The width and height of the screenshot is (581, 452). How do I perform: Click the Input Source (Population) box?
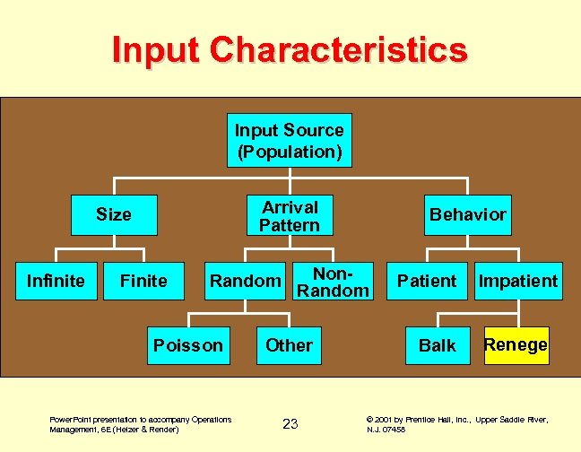coord(289,141)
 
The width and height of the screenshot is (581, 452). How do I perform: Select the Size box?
coord(114,214)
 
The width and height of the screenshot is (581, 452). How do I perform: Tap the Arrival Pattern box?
coord(289,216)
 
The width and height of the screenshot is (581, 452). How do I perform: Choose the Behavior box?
coord(467,214)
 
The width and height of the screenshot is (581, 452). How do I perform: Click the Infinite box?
coord(56,281)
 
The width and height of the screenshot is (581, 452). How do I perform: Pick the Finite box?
coord(143,281)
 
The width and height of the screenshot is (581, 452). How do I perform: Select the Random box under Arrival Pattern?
coord(244,281)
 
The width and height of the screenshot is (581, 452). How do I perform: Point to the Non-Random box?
coord(333,281)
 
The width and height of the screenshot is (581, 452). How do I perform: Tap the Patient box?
coord(427,281)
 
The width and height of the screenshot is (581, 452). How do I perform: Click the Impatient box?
coord(517,281)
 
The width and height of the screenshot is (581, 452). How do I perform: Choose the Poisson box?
coord(188,345)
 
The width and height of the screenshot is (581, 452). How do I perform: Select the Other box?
coord(289,345)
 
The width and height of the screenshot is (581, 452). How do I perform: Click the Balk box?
coord(438,345)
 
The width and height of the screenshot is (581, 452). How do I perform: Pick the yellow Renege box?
coord(516,345)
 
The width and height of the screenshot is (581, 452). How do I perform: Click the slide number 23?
coord(290,424)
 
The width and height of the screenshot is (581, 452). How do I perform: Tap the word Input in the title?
coord(155,49)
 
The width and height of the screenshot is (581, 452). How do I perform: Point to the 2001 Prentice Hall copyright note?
coord(457,424)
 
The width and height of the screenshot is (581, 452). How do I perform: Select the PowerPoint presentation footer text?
coord(140,424)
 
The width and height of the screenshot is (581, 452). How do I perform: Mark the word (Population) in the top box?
coord(289,152)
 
